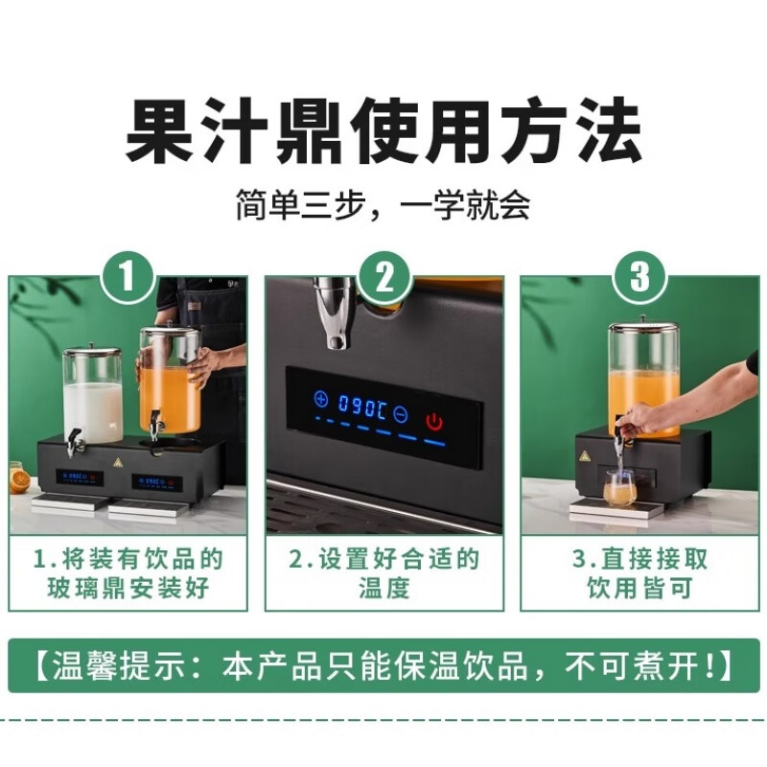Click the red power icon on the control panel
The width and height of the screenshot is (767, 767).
click(x=435, y=421)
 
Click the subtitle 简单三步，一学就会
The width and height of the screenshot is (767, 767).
click(x=383, y=205)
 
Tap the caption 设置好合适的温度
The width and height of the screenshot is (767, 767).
click(x=383, y=573)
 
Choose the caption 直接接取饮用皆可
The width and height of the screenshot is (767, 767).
click(x=639, y=573)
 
